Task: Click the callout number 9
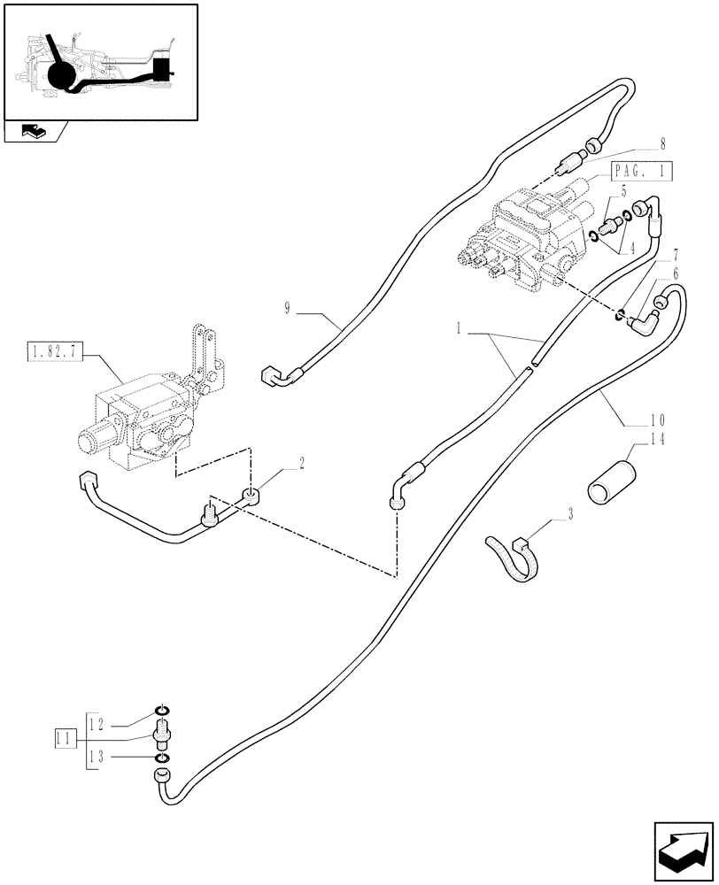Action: [288, 308]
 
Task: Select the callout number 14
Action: [658, 439]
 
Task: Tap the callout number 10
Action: [658, 419]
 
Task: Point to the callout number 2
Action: [302, 462]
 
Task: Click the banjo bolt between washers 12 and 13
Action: [163, 734]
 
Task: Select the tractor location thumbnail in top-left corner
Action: [99, 62]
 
